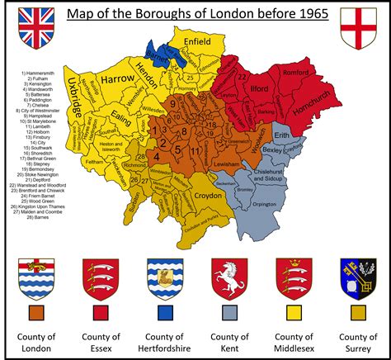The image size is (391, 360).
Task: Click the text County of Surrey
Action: pos(357,342)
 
